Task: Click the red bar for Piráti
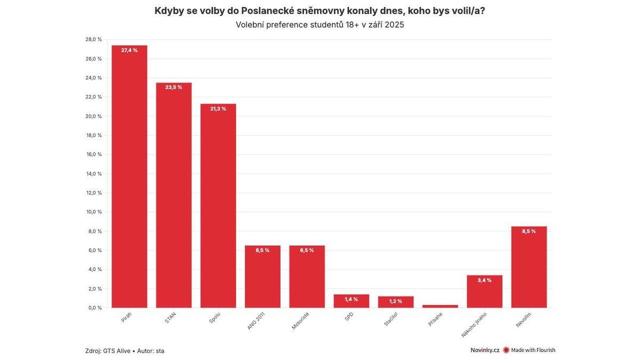(x=129, y=176)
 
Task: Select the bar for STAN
(x=174, y=195)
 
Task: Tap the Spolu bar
(x=218, y=206)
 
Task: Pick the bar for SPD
(x=351, y=301)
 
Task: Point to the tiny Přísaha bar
(x=440, y=306)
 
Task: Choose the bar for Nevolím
(x=529, y=267)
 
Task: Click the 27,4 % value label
(x=129, y=50)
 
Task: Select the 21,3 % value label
(x=218, y=109)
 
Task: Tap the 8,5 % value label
(x=529, y=231)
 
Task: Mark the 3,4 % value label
(x=484, y=280)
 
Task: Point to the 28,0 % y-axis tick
(x=93, y=39)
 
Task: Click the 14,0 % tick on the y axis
(x=93, y=173)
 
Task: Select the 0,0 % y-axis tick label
(x=95, y=308)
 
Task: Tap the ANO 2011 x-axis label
(x=256, y=321)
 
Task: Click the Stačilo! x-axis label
(x=391, y=320)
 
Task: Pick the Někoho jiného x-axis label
(x=474, y=325)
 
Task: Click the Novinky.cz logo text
(x=485, y=350)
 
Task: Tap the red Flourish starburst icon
(x=506, y=350)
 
